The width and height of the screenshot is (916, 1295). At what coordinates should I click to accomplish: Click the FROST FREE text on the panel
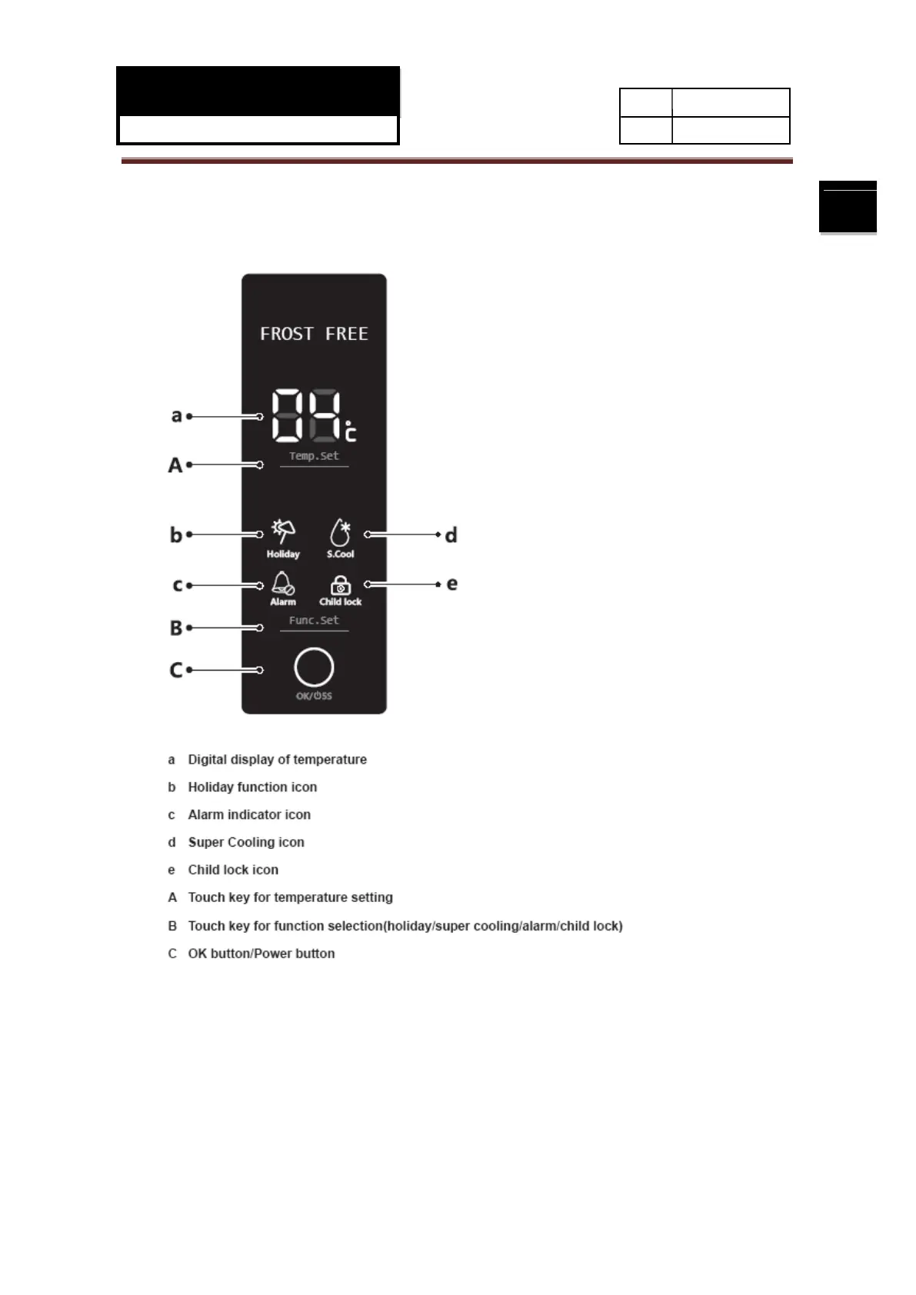click(314, 334)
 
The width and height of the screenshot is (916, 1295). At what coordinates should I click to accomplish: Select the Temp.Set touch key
click(314, 456)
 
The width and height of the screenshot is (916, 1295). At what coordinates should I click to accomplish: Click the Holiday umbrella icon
click(283, 531)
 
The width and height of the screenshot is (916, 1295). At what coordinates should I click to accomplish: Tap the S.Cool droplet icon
click(340, 532)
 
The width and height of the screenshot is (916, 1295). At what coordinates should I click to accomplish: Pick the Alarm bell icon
click(282, 584)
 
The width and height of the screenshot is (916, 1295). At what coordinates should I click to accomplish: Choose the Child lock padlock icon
click(340, 585)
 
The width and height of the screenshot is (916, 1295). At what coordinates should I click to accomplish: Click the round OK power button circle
click(314, 667)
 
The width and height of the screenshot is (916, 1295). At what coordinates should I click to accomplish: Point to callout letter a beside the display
click(176, 416)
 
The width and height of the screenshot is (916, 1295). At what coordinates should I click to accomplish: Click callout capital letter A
click(175, 465)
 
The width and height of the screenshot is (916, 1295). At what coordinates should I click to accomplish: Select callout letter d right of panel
click(451, 534)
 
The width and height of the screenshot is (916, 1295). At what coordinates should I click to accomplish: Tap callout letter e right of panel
click(452, 584)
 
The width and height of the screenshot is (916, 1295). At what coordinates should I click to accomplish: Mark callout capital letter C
click(176, 671)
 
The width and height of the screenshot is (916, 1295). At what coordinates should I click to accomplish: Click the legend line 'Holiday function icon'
click(252, 787)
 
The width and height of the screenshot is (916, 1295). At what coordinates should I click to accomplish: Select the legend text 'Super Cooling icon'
click(246, 842)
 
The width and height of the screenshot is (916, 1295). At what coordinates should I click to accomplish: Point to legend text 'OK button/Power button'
click(261, 954)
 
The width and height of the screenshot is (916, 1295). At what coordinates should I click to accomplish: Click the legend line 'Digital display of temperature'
click(277, 759)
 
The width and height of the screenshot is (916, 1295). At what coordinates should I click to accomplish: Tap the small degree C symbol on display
click(350, 433)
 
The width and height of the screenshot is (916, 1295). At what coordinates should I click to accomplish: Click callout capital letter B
click(176, 628)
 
